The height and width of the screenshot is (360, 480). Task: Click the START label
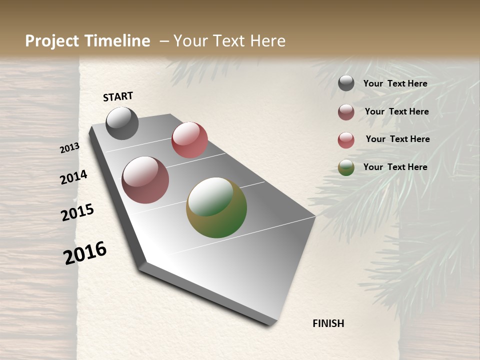tap(118, 96)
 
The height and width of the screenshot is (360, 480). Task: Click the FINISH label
tap(328, 323)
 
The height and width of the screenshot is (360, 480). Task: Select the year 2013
tap(70, 148)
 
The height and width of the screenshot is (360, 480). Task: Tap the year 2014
tap(73, 177)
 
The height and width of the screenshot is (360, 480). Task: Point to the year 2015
tap(77, 212)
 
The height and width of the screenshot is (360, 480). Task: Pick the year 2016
tap(85, 252)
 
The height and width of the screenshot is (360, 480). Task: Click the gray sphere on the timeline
tap(122, 123)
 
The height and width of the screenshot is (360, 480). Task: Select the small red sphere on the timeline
tap(189, 139)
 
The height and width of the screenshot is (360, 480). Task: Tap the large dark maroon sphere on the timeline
tap(145, 180)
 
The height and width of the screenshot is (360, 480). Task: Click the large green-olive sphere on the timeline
tap(216, 207)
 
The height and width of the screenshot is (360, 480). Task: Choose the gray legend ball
tap(346, 83)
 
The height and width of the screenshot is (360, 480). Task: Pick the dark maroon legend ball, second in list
tap(346, 112)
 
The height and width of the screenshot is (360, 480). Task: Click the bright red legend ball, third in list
tap(346, 140)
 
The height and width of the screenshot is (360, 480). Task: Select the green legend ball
tap(346, 168)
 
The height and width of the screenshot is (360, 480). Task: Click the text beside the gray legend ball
tap(395, 83)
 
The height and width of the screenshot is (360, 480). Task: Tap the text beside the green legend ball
tap(395, 167)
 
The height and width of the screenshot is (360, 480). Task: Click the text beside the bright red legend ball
tap(397, 139)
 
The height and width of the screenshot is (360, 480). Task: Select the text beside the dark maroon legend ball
tap(396, 111)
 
